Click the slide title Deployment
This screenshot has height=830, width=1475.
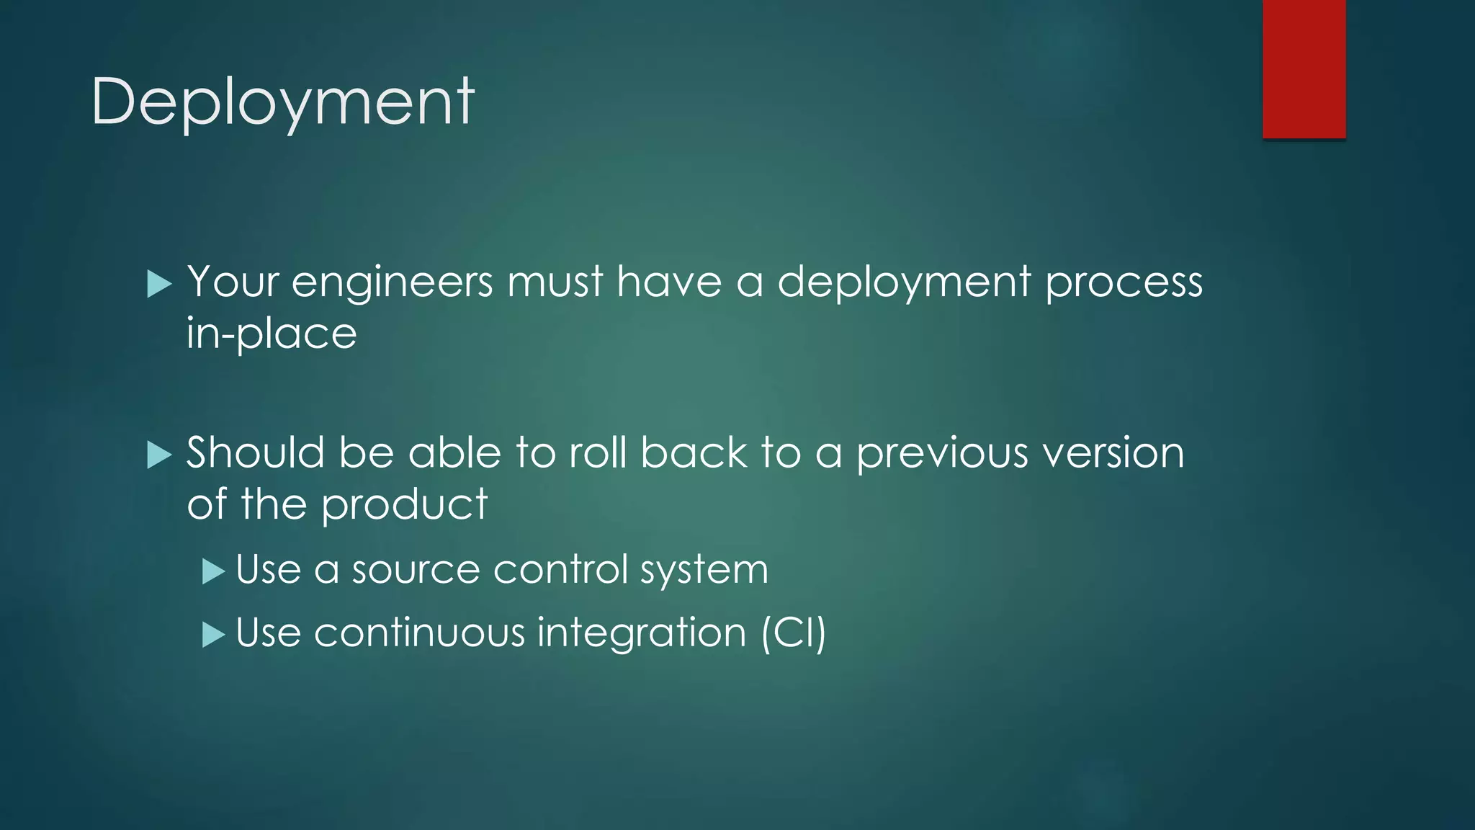pyautogui.click(x=282, y=102)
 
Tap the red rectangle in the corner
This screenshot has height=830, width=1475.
pyautogui.click(x=1304, y=69)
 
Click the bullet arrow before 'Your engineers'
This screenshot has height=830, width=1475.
pyautogui.click(x=158, y=284)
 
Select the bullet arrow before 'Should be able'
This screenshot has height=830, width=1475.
pyautogui.click(x=158, y=455)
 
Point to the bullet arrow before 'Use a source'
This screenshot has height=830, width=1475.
pyautogui.click(x=214, y=572)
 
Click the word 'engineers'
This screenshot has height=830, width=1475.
pyautogui.click(x=393, y=282)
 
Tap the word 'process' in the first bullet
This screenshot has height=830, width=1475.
pyautogui.click(x=1124, y=282)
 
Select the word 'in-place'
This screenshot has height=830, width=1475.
pyautogui.click(x=272, y=334)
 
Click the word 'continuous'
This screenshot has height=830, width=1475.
pyautogui.click(x=419, y=634)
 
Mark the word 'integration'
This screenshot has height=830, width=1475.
pyautogui.click(x=642, y=634)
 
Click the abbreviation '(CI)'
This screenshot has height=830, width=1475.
pyautogui.click(x=794, y=634)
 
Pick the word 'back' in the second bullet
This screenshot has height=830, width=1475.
pyautogui.click(x=694, y=454)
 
